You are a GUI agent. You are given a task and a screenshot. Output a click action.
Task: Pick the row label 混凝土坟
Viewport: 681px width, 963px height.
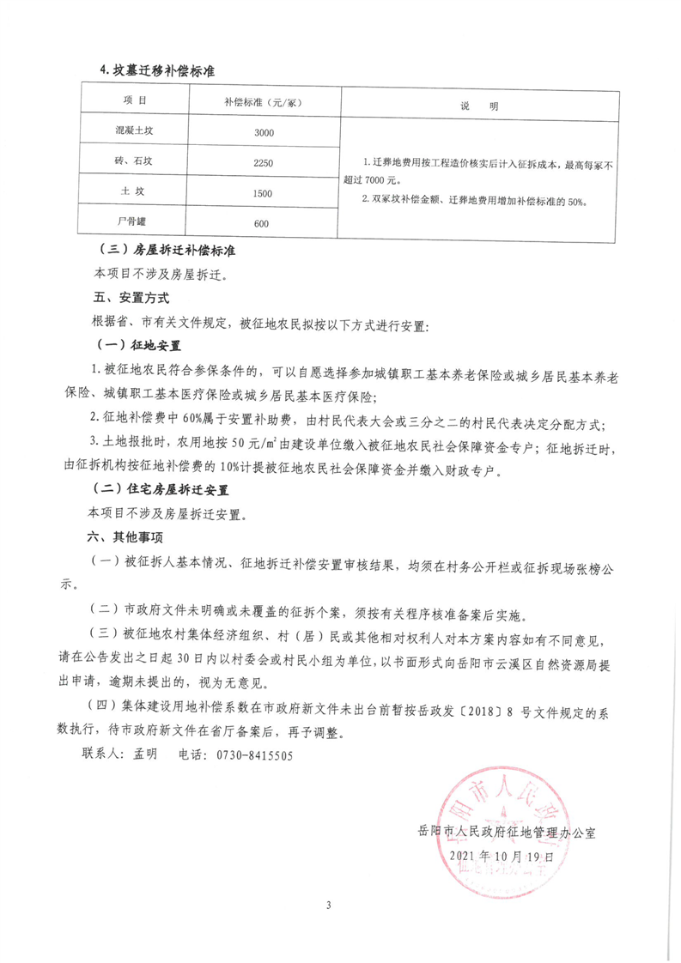134,133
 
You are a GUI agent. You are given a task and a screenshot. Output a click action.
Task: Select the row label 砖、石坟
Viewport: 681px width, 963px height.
134,162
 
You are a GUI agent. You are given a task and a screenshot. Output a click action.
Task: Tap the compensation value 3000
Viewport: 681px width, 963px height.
263,133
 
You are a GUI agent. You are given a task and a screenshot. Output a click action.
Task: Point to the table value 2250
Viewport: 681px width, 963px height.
263,162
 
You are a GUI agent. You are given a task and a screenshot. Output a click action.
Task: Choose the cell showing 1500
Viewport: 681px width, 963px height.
263,193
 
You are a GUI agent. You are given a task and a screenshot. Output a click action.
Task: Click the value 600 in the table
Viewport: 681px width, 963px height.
263,223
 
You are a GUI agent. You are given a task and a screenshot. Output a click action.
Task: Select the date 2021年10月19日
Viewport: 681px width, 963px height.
507,857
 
